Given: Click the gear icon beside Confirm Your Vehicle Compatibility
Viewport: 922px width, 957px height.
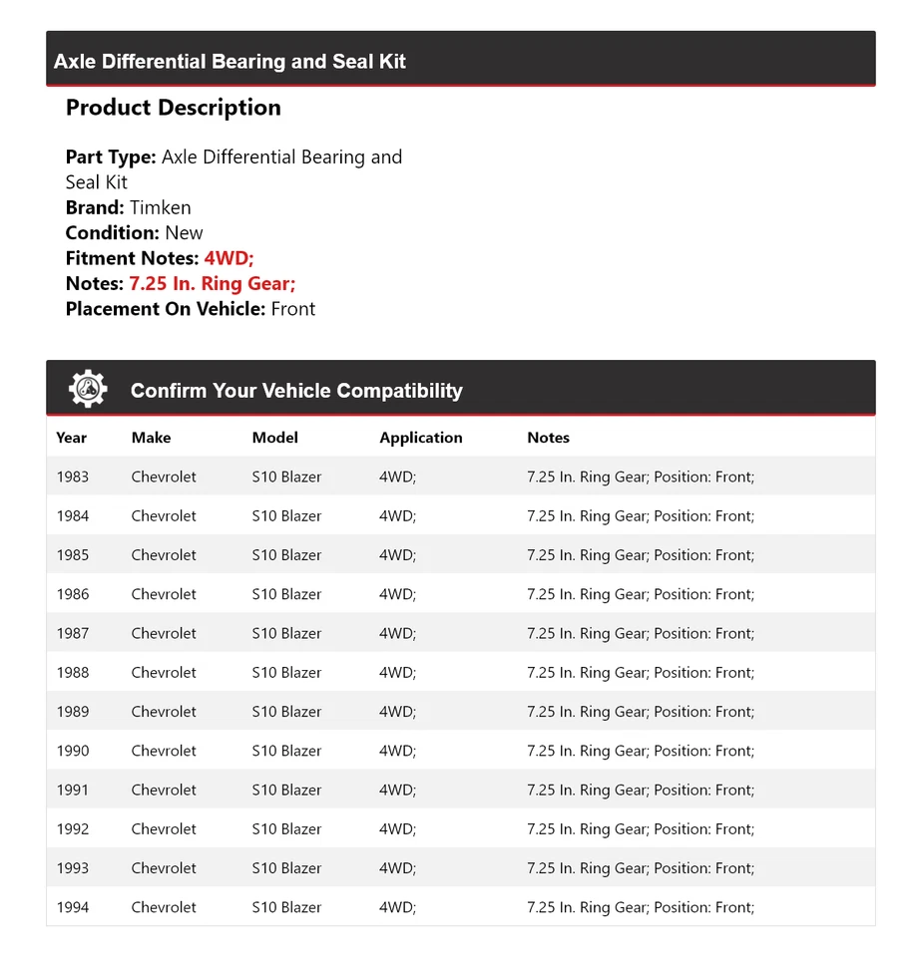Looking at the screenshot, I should point(88,389).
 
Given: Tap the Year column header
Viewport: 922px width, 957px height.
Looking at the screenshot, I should point(72,438).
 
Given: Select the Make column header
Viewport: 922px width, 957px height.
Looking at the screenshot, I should point(151,438).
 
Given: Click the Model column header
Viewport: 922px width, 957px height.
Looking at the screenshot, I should point(274,438).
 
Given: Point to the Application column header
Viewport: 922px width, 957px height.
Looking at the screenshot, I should point(420,438).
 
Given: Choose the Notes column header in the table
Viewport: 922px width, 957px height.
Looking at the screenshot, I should point(548,438).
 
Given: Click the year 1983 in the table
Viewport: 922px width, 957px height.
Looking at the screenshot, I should point(73,477).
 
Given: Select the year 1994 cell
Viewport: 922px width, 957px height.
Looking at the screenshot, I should point(73,907).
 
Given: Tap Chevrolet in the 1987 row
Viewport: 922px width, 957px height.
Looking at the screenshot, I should point(164,633).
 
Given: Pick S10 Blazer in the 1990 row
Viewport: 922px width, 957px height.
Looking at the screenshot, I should point(286,751).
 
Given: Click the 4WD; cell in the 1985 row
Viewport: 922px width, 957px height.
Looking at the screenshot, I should point(397,555).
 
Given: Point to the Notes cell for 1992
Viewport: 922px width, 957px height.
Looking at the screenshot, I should point(640,828).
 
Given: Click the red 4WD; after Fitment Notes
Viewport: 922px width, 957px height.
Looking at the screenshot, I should point(230,258).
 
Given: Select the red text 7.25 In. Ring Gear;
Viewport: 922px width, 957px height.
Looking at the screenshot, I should point(212,284).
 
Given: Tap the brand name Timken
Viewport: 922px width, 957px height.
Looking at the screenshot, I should point(160,207).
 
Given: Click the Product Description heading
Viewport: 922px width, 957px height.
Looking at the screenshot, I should point(173,108).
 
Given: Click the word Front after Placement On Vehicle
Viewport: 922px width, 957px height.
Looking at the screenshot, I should point(293,309).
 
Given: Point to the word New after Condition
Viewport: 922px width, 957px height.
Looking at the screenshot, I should point(184,233).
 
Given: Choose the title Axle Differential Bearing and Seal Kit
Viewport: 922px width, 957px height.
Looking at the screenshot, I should point(230,62).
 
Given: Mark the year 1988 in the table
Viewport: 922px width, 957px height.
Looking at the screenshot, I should point(73,672).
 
